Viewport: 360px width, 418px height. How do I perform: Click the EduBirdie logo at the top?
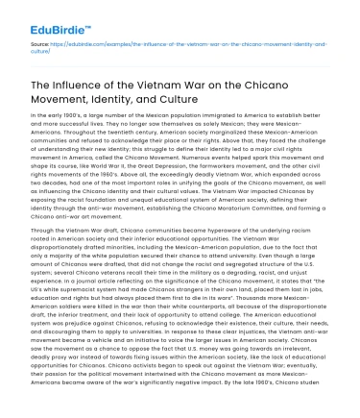coord(46,17)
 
